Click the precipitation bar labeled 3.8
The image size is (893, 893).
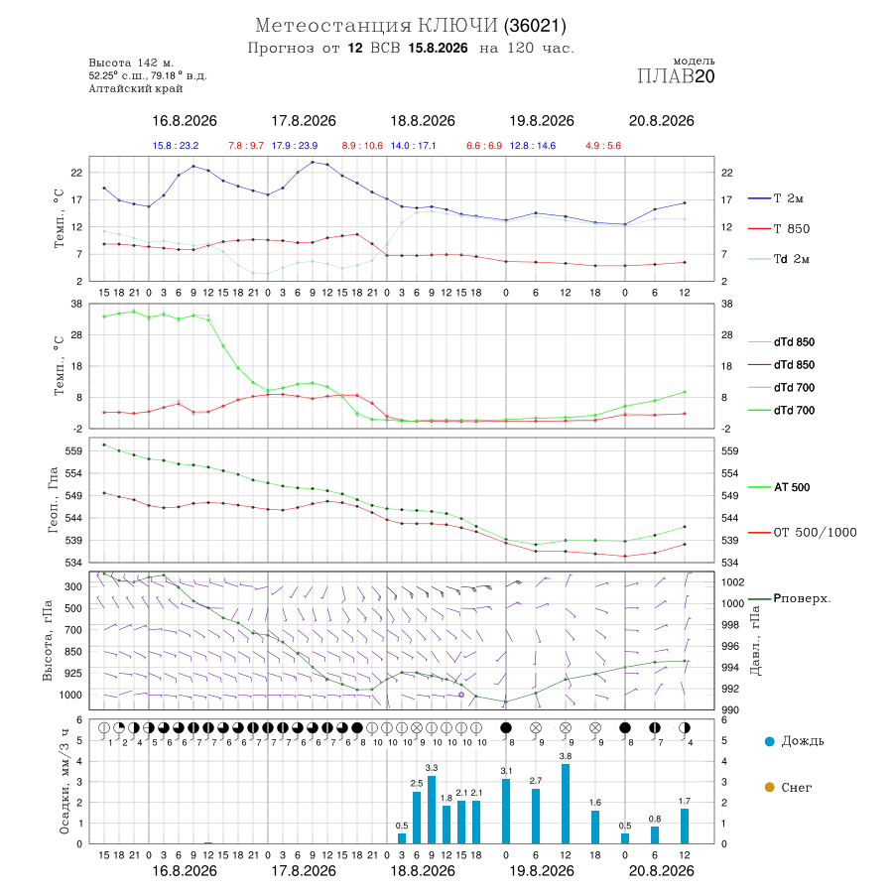(565, 804)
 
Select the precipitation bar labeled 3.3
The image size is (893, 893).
(432, 810)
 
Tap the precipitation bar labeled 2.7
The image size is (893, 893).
(536, 816)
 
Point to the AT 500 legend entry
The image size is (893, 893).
(779, 487)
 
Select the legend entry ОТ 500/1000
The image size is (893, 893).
(802, 533)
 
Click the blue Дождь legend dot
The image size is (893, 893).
(769, 741)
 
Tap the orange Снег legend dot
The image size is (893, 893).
(769, 788)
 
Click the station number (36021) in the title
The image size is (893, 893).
(534, 26)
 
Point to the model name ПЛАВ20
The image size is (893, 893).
(676, 76)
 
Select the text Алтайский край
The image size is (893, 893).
(136, 89)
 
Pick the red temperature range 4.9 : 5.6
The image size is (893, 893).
(603, 146)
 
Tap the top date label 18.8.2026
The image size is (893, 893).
(423, 121)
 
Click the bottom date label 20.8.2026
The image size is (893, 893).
(661, 871)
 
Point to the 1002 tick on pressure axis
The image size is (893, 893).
(732, 582)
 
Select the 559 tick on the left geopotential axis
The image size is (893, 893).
(74, 451)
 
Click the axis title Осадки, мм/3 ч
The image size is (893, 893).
(64, 782)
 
